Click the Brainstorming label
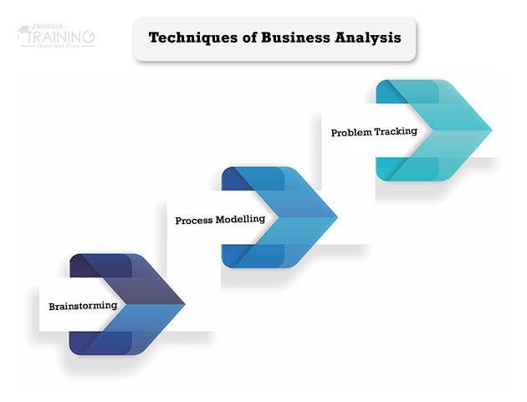[83, 306]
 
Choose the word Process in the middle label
[197, 221]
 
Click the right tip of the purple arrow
[184, 303]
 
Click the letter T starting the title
[154, 38]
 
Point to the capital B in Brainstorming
[53, 306]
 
